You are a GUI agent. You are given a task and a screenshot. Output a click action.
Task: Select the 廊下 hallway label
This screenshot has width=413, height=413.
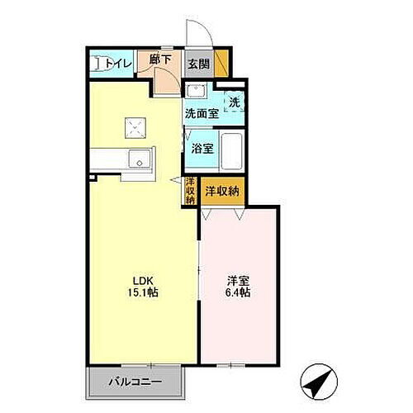click(161, 59)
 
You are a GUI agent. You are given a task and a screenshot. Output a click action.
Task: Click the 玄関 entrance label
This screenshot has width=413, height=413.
click(197, 64)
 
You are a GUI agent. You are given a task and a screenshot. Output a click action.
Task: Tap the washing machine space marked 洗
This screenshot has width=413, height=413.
click(235, 102)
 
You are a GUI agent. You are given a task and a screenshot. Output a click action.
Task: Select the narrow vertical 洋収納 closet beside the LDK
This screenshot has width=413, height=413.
click(190, 190)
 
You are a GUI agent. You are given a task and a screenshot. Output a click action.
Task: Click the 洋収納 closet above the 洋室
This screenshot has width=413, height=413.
click(222, 190)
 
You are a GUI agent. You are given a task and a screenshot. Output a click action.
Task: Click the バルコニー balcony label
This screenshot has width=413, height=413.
click(135, 382)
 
